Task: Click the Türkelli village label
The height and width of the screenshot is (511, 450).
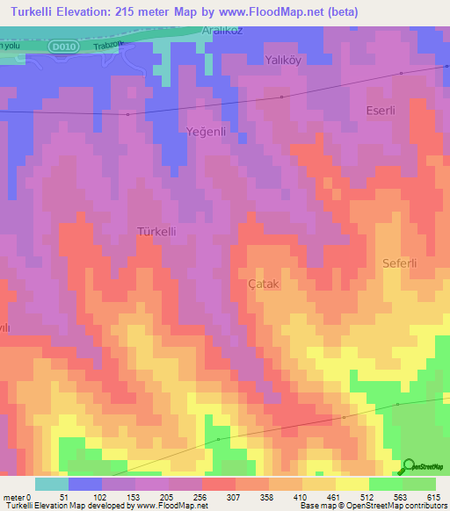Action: (158, 231)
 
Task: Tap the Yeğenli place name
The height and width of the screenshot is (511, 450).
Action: (207, 131)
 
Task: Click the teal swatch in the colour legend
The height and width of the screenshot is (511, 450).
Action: (52, 484)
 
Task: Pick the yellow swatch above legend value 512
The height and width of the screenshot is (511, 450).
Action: (352, 484)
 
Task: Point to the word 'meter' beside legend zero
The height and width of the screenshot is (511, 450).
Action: (14, 495)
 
